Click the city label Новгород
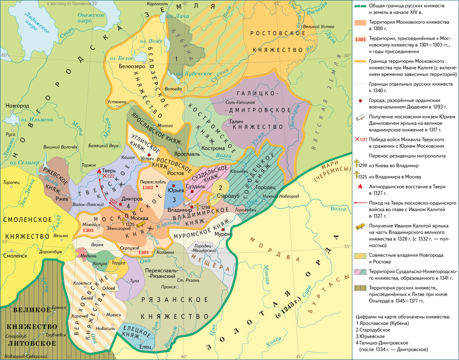[x=17, y=105]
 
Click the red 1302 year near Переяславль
[x=147, y=188]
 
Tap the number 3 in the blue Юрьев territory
[x=174, y=199]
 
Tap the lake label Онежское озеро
[x=91, y=18]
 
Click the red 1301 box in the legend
[x=361, y=39]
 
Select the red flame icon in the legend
[x=360, y=187]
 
